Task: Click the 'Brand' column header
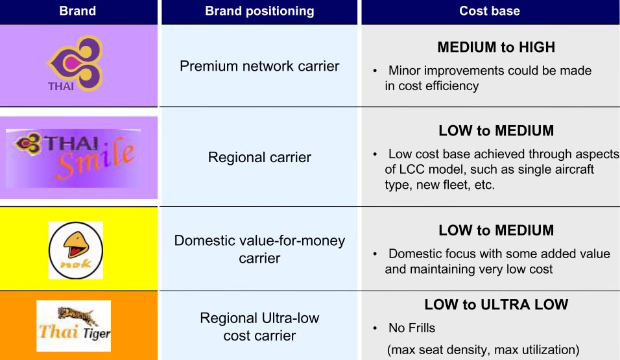click(78, 10)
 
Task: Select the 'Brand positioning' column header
click(259, 11)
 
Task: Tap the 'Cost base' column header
click(490, 10)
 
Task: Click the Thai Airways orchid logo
click(75, 64)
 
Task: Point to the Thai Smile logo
click(74, 157)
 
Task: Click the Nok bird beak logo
click(75, 250)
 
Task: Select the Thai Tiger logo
click(73, 326)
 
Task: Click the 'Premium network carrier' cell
click(259, 66)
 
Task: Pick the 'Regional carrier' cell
click(259, 158)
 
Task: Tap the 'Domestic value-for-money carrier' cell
click(259, 249)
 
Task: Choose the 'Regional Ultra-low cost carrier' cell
click(259, 327)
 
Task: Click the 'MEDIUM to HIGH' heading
click(496, 47)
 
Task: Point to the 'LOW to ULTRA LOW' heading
click(496, 304)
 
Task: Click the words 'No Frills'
click(412, 328)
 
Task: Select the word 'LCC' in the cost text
click(411, 169)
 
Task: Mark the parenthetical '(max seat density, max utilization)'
click(483, 350)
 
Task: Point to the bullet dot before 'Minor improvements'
click(375, 71)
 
